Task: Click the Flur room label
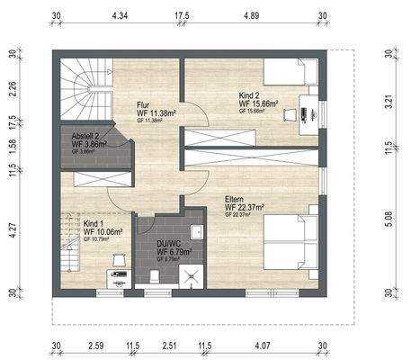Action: (x=143, y=103)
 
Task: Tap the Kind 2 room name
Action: (x=250, y=94)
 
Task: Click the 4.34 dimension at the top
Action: (x=120, y=16)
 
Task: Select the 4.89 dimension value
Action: (x=252, y=16)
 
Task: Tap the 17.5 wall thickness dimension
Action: (x=182, y=16)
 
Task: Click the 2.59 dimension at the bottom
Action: (x=98, y=345)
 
